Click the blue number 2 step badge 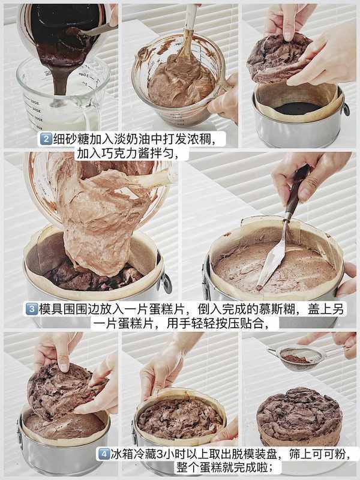click(x=46, y=139)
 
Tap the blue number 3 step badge click(x=32, y=309)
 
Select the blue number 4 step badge click(x=103, y=454)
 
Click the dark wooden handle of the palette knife click(x=296, y=189)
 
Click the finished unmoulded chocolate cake click(x=299, y=417)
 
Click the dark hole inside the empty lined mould click(x=297, y=109)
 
